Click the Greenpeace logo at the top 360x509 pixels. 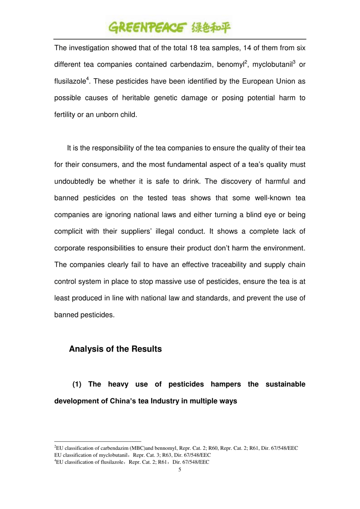pos(169,27)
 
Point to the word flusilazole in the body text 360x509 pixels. pos(70,82)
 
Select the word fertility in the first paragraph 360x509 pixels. pos(64,115)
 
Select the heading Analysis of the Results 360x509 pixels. pos(115,349)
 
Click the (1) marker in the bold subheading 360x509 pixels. pos(77,385)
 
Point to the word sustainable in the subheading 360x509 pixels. pos(285,385)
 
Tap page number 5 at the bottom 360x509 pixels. pos(180,470)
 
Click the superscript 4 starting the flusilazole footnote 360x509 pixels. pos(55,461)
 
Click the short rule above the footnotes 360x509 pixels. pos(98,441)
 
